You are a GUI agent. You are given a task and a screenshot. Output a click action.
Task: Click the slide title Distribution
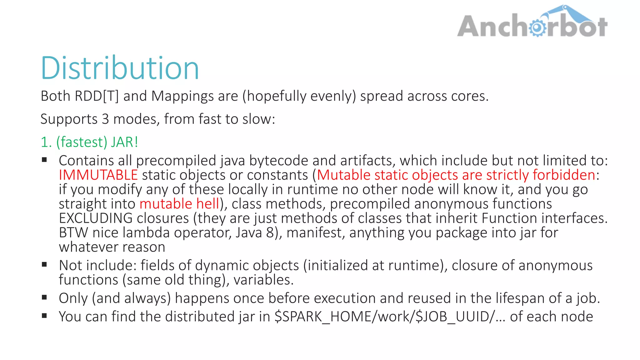(120, 68)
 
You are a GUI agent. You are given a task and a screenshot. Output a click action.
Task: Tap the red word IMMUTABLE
(98, 175)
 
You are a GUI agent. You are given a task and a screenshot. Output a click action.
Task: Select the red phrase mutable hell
(179, 204)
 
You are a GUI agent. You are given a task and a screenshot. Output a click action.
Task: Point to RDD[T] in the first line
(97, 96)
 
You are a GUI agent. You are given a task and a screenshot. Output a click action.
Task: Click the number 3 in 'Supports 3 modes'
(105, 119)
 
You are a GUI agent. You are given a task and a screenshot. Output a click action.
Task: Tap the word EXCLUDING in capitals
(96, 218)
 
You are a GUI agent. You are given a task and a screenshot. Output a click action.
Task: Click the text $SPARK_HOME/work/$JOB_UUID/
(384, 317)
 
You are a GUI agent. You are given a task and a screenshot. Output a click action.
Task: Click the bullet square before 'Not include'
(44, 264)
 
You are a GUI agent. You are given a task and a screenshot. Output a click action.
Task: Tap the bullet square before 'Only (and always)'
(44, 297)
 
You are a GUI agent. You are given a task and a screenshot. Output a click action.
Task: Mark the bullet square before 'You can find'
(44, 316)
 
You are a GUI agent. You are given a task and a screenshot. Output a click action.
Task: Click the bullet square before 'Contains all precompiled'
(44, 160)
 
